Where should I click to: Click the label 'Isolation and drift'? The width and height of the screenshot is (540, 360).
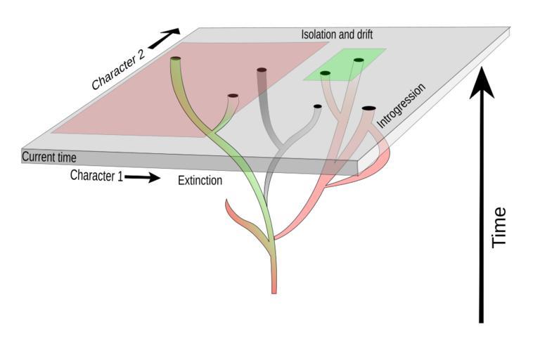336,34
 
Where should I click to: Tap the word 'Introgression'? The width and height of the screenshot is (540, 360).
401,105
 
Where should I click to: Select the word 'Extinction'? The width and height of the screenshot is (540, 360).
200,181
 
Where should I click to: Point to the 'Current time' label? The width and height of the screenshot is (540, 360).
49,157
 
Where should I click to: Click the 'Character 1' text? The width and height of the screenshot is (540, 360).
96,176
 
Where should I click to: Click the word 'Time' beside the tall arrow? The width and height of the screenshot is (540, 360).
499,226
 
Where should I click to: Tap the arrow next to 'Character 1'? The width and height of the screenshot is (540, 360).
143,177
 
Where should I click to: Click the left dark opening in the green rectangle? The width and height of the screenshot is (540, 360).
325,73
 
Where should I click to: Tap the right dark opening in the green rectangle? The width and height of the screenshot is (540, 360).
359,60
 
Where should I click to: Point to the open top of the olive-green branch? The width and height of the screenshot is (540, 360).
176,59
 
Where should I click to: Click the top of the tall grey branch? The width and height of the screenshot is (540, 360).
262,70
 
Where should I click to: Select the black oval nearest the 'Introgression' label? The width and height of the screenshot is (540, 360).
368,108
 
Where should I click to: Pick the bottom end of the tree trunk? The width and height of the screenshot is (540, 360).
274,290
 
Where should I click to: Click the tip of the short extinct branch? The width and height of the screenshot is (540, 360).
227,202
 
